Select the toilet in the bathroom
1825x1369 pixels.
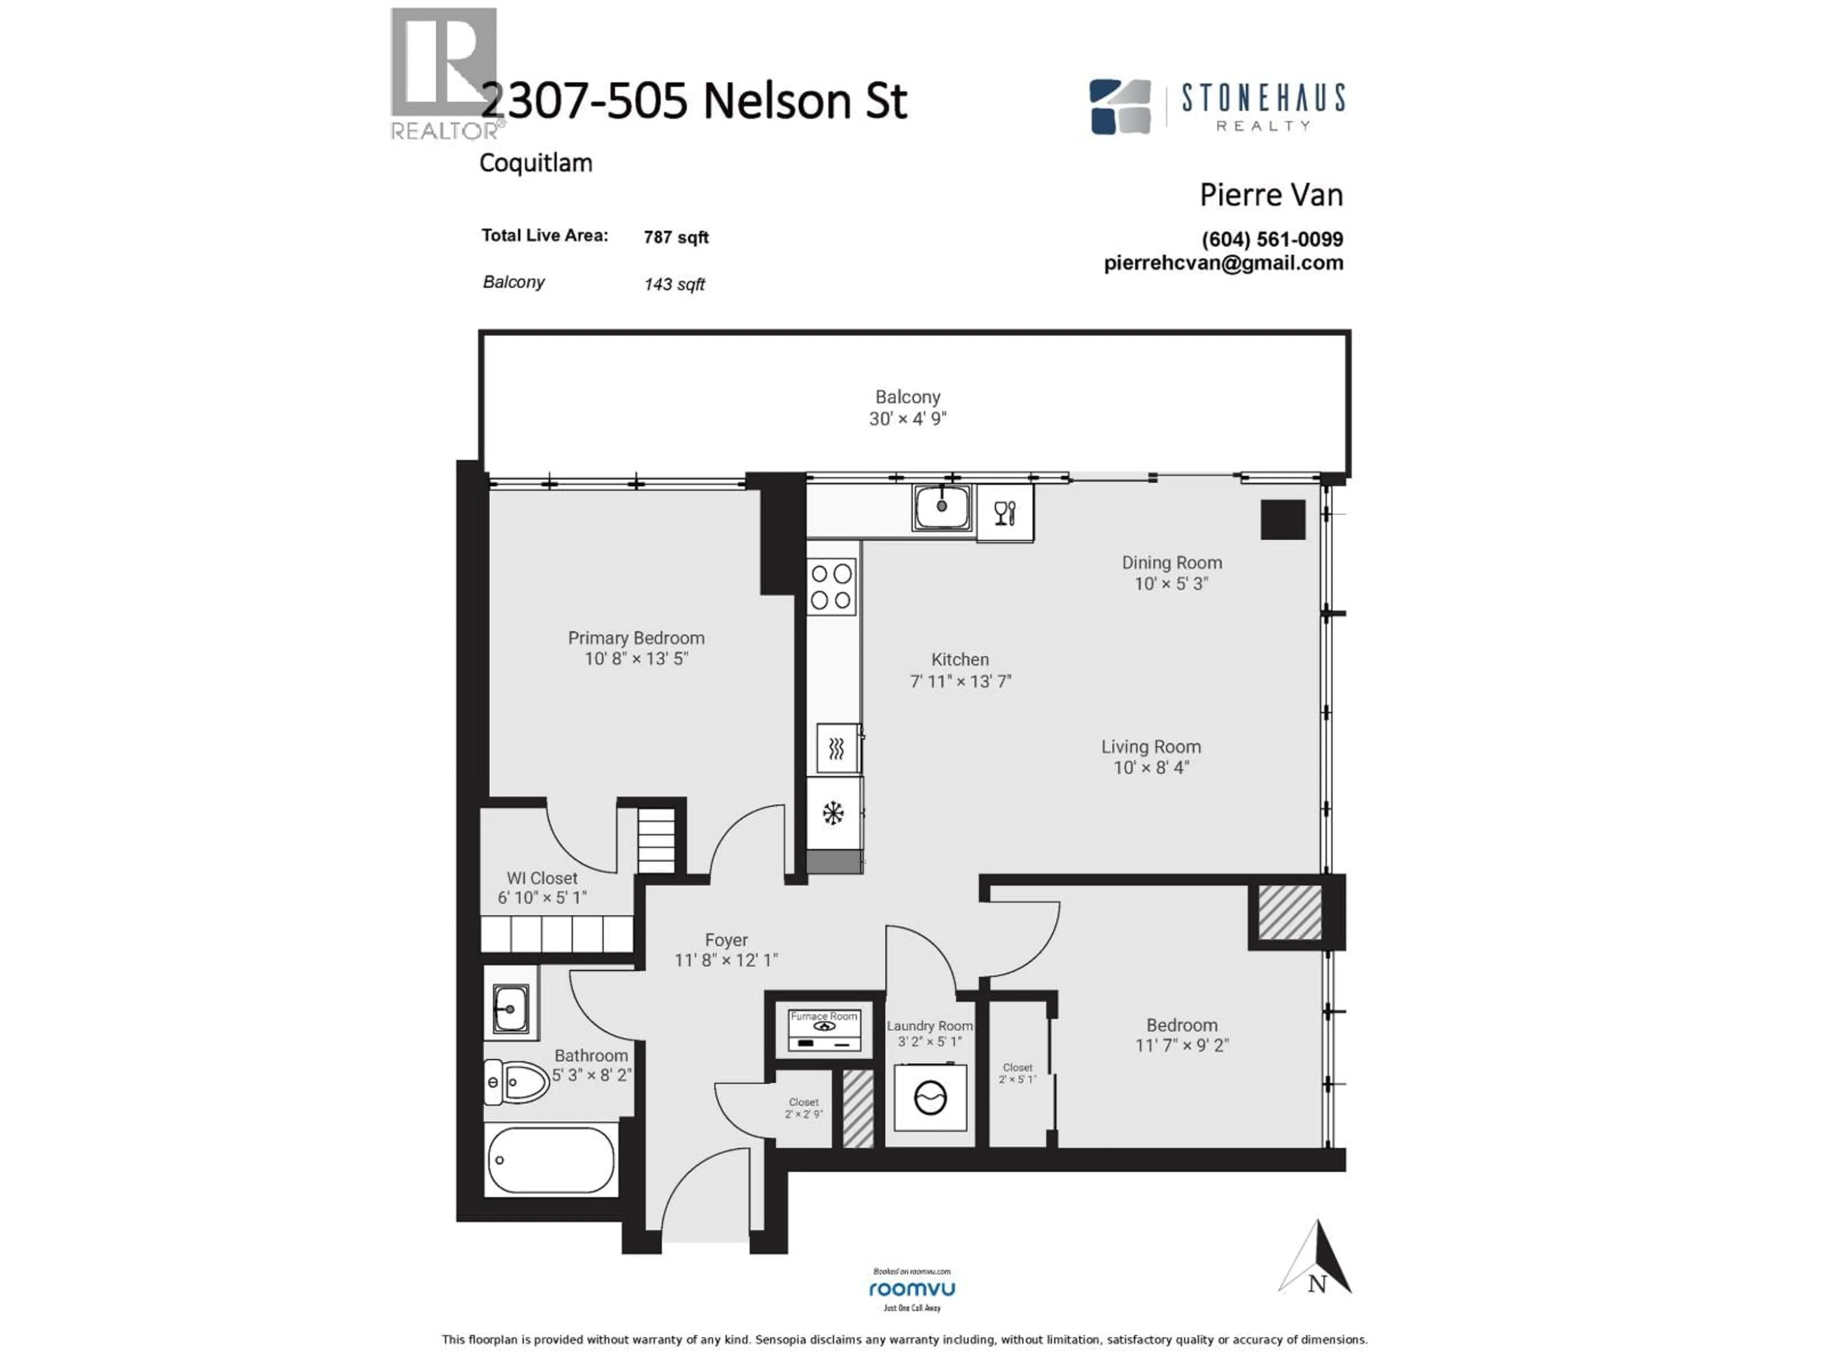point(517,1081)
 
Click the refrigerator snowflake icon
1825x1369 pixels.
point(833,814)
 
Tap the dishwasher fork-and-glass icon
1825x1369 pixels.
point(1004,513)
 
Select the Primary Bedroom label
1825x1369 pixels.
point(636,638)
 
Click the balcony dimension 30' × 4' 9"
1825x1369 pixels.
point(908,419)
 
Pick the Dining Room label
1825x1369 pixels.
point(1172,563)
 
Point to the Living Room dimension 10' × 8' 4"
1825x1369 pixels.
point(1151,768)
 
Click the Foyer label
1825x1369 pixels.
point(726,940)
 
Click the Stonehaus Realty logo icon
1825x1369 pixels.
point(1120,106)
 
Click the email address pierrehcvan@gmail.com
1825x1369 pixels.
point(1223,263)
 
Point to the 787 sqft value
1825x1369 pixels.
point(676,238)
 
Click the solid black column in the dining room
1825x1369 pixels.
point(1283,520)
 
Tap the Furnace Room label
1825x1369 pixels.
point(824,1017)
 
